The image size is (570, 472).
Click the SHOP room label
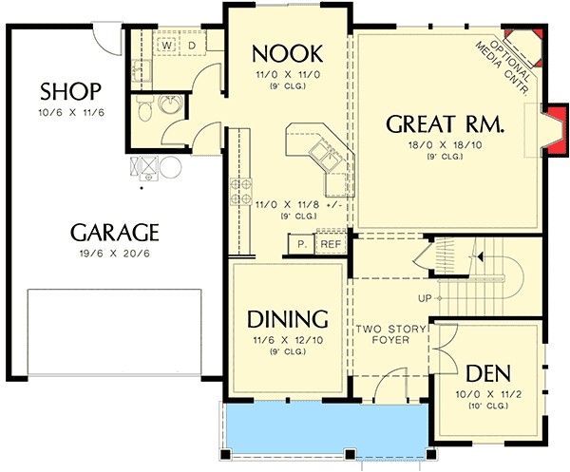pyautogui.click(x=70, y=91)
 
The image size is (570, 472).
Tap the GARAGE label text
pyautogui.click(x=115, y=233)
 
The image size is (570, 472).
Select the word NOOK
pyautogui.click(x=288, y=54)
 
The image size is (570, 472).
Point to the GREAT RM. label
pyautogui.click(x=445, y=123)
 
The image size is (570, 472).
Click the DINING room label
pyautogui.click(x=288, y=319)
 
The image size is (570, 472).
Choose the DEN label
pyautogui.click(x=488, y=373)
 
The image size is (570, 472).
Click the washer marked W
pyautogui.click(x=166, y=46)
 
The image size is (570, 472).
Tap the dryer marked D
pyautogui.click(x=192, y=46)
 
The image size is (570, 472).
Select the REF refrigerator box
pyautogui.click(x=331, y=244)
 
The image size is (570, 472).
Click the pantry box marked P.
pyautogui.click(x=301, y=244)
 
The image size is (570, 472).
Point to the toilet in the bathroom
pyautogui.click(x=145, y=108)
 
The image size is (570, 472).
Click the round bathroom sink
pyautogui.click(x=172, y=104)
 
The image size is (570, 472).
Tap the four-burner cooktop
pyautogui.click(x=241, y=192)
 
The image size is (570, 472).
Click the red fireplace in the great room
pyautogui.click(x=555, y=131)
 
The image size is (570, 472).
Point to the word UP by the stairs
pyautogui.click(x=425, y=298)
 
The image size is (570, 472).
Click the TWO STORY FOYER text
pyautogui.click(x=390, y=334)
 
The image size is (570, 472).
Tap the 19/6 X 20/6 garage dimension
pyautogui.click(x=115, y=254)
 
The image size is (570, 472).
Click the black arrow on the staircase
pyautogui.click(x=480, y=256)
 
